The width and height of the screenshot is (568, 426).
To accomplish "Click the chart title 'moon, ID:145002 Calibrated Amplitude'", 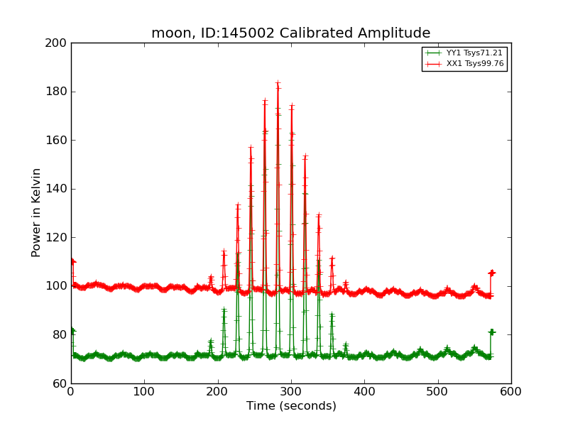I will [x=290, y=33].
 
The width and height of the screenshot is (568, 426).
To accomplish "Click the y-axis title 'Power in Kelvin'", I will [x=36, y=212].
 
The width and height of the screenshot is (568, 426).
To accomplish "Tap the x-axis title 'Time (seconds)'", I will [x=291, y=406].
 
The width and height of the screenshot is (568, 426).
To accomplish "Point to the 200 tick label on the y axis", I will [x=55, y=43].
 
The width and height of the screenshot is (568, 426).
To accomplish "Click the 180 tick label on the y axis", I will [x=55, y=92].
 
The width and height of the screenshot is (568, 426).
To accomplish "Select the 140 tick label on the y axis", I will [x=55, y=189].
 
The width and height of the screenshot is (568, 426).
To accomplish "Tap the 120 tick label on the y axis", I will [x=55, y=238].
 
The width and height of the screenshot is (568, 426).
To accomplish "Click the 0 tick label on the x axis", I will [x=71, y=391].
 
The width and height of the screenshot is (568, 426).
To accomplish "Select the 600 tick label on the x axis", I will [x=511, y=391].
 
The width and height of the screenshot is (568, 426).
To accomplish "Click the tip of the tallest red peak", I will [x=278, y=83].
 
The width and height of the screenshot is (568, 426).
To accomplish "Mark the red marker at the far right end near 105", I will [x=491, y=273].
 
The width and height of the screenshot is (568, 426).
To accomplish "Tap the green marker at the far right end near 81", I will [x=491, y=332].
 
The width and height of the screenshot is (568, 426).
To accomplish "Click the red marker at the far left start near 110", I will [x=72, y=261].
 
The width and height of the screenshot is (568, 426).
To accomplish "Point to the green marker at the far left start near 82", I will [x=72, y=330].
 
